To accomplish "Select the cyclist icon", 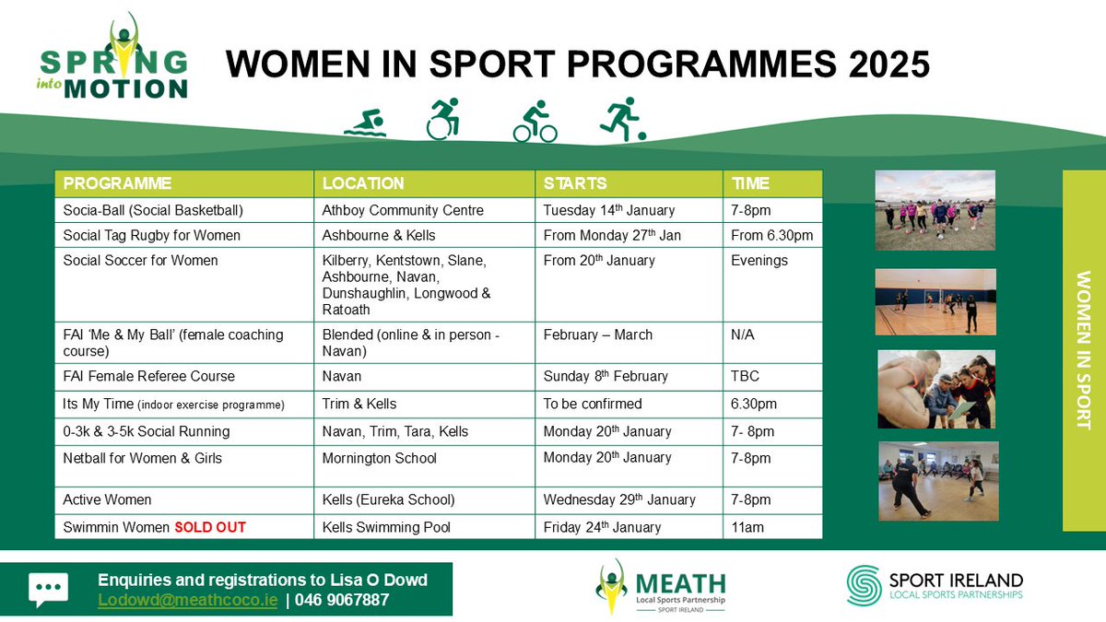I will coord(535,123).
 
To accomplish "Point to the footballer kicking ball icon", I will coord(622,121).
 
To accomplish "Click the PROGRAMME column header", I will coord(117,183).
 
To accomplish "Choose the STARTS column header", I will coord(575,183).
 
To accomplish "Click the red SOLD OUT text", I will coord(211,527).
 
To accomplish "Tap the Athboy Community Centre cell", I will coord(403,210).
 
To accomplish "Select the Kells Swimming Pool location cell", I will coord(388,527).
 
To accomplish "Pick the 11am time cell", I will coord(747,527).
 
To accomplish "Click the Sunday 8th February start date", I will coord(606,376).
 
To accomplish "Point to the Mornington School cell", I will coord(379,458).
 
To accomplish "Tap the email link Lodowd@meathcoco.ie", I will coord(187,600).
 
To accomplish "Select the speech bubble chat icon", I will coord(48,590).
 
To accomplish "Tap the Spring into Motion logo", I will coord(113,57).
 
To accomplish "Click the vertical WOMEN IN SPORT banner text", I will coord(1084,350).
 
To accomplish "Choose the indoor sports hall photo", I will coord(935,301).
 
